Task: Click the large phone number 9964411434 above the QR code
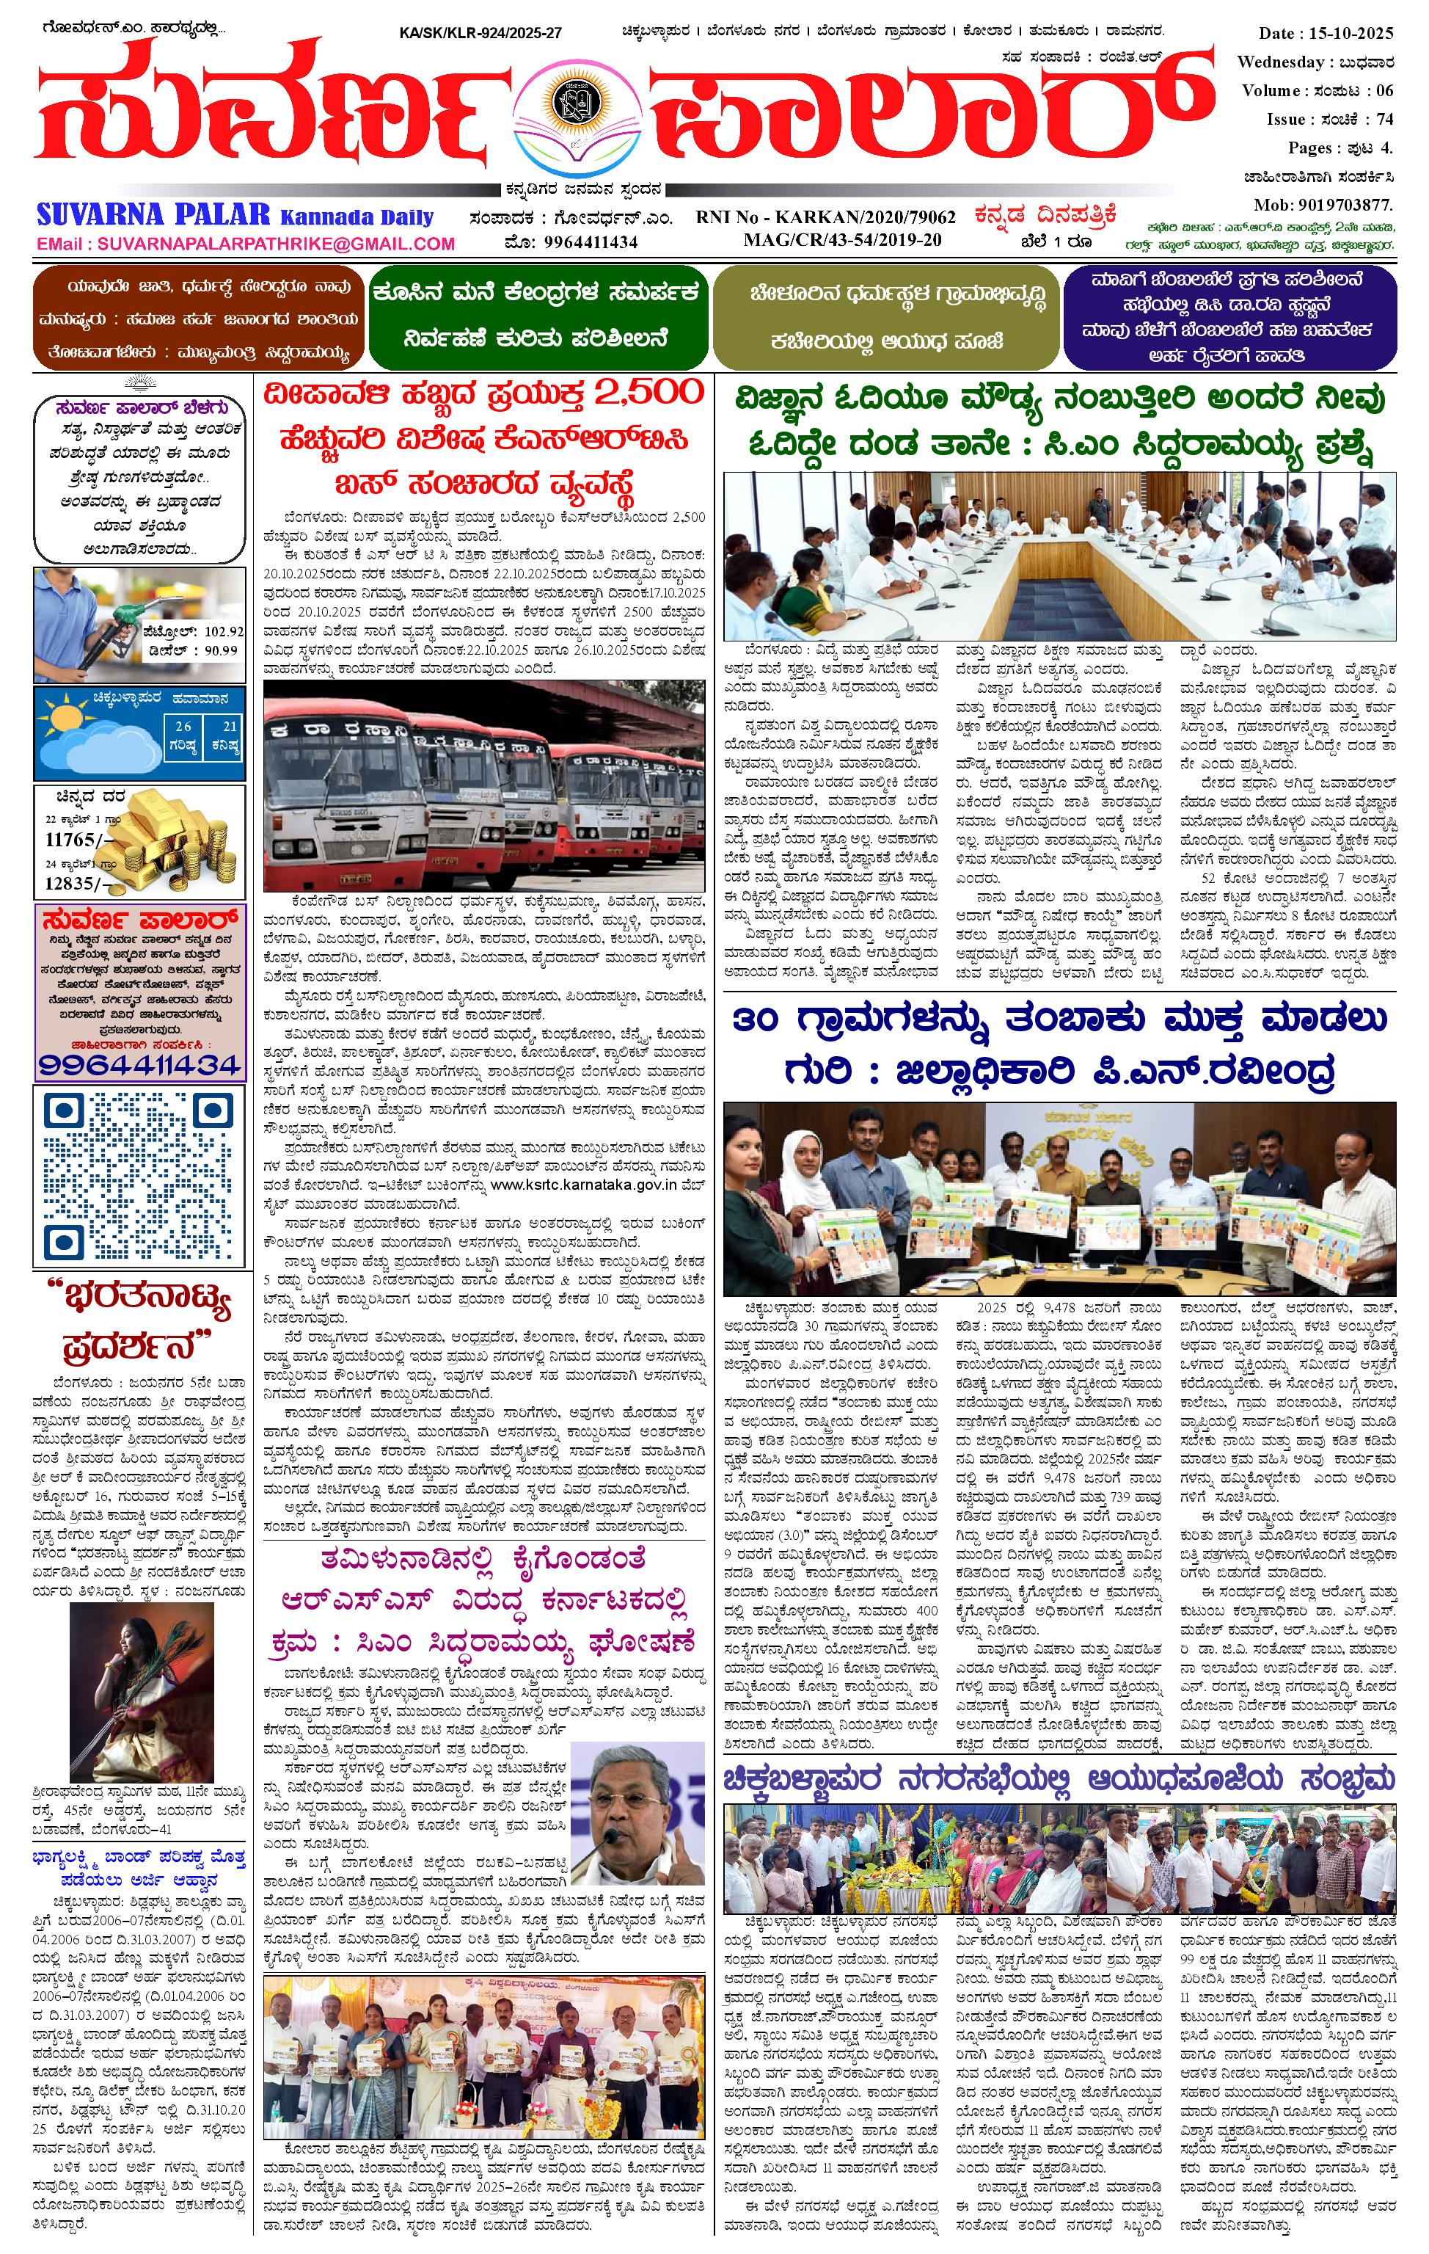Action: [139, 1064]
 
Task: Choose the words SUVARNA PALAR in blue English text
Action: [154, 214]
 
